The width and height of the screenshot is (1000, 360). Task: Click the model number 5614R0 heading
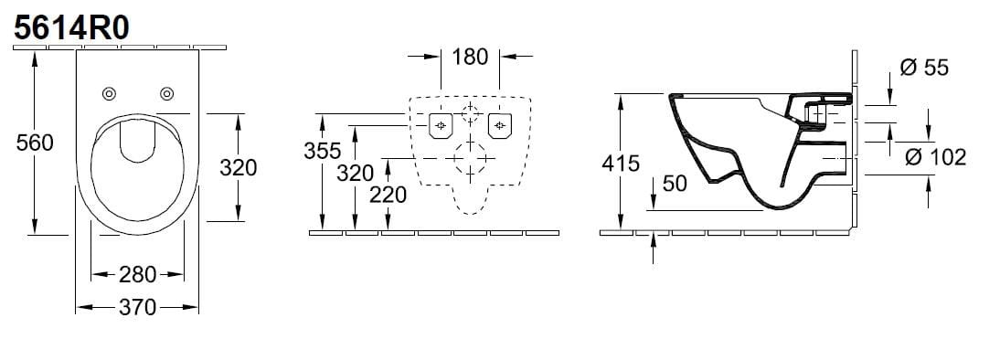pyautogui.click(x=72, y=28)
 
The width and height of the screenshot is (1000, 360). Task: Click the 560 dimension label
pyautogui.click(x=35, y=143)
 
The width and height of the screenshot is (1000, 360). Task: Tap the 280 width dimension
pyautogui.click(x=138, y=275)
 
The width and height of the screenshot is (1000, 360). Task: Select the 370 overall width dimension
pyautogui.click(x=138, y=308)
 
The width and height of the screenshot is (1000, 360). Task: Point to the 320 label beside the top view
pyautogui.click(x=238, y=167)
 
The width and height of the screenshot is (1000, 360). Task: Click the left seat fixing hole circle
pyautogui.click(x=109, y=94)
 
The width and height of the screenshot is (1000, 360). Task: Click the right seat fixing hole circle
pyautogui.click(x=167, y=94)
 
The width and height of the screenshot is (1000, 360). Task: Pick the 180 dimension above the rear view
pyautogui.click(x=470, y=58)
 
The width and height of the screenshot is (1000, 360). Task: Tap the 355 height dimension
pyautogui.click(x=322, y=151)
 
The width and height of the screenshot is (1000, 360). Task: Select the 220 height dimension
pyautogui.click(x=388, y=195)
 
